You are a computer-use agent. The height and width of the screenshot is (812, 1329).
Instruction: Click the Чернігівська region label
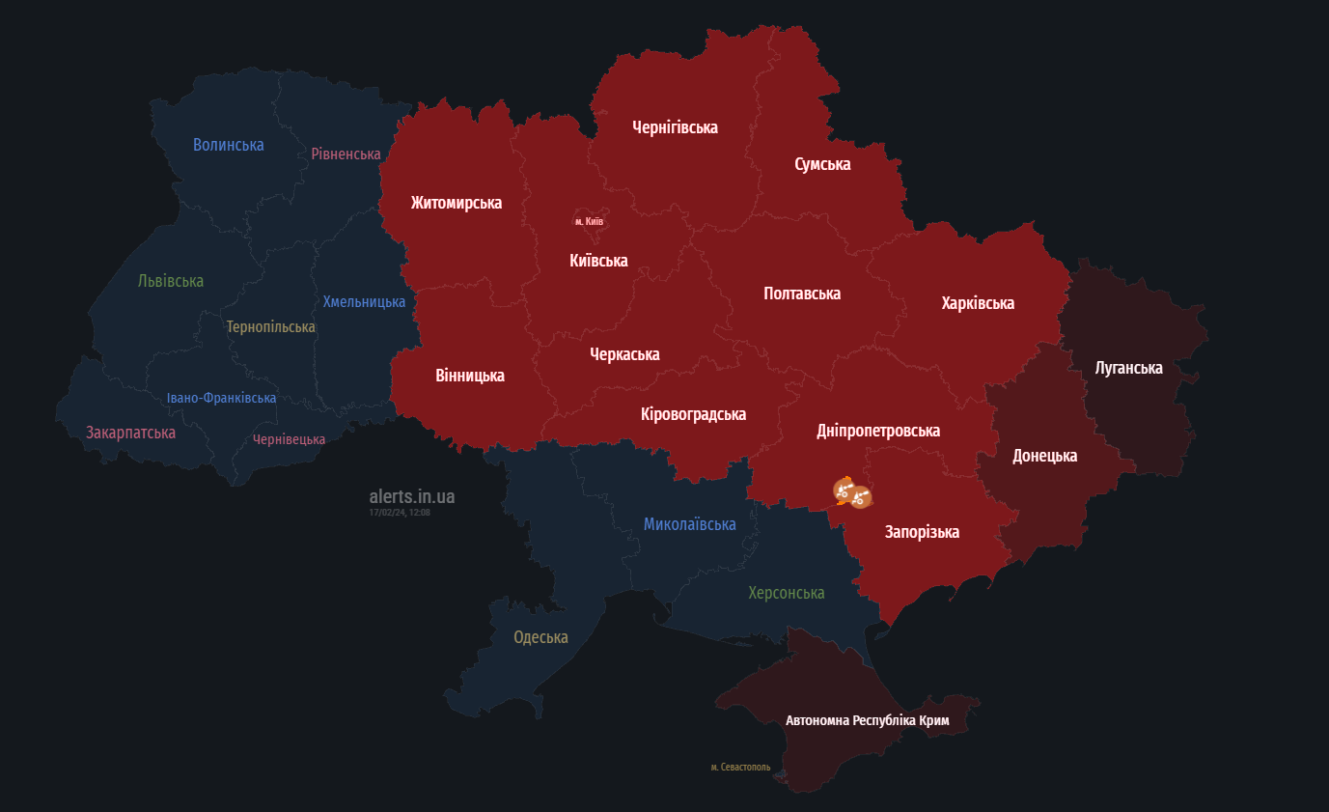coord(675,127)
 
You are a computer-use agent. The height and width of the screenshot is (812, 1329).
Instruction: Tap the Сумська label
coord(822,164)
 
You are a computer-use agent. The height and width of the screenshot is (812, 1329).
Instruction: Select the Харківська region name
coord(978,303)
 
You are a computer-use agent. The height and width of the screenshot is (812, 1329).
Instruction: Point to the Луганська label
coord(1128,368)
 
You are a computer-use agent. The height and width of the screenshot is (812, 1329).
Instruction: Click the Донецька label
coord(1044,456)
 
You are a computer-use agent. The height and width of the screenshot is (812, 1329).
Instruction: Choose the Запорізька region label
coord(922,532)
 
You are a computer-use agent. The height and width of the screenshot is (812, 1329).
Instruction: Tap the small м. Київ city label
coord(589,222)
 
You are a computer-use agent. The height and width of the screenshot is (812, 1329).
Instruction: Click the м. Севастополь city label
coord(740,768)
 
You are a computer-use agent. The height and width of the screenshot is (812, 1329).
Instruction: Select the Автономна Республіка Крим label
coord(867,720)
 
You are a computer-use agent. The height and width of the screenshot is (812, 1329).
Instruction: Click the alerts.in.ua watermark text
coord(411,496)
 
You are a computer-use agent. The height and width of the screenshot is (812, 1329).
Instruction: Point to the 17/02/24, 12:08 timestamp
coord(400,513)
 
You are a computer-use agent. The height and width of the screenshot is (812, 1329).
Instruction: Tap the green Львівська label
coord(171,281)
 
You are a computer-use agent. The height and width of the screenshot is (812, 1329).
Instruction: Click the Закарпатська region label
coord(130,433)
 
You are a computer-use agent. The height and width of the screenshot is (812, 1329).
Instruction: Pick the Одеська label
coord(540,637)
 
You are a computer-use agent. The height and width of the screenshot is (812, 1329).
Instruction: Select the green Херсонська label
coord(786,593)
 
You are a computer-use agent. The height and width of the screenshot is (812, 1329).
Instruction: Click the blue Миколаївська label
coord(689,524)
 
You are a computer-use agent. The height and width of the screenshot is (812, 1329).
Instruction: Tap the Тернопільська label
coord(270,327)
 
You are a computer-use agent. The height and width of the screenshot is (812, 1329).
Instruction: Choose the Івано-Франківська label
coord(221,398)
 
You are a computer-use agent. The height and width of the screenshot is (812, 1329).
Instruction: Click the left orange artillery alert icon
coord(844,490)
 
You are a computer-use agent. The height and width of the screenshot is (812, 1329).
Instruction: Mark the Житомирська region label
coord(456,203)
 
